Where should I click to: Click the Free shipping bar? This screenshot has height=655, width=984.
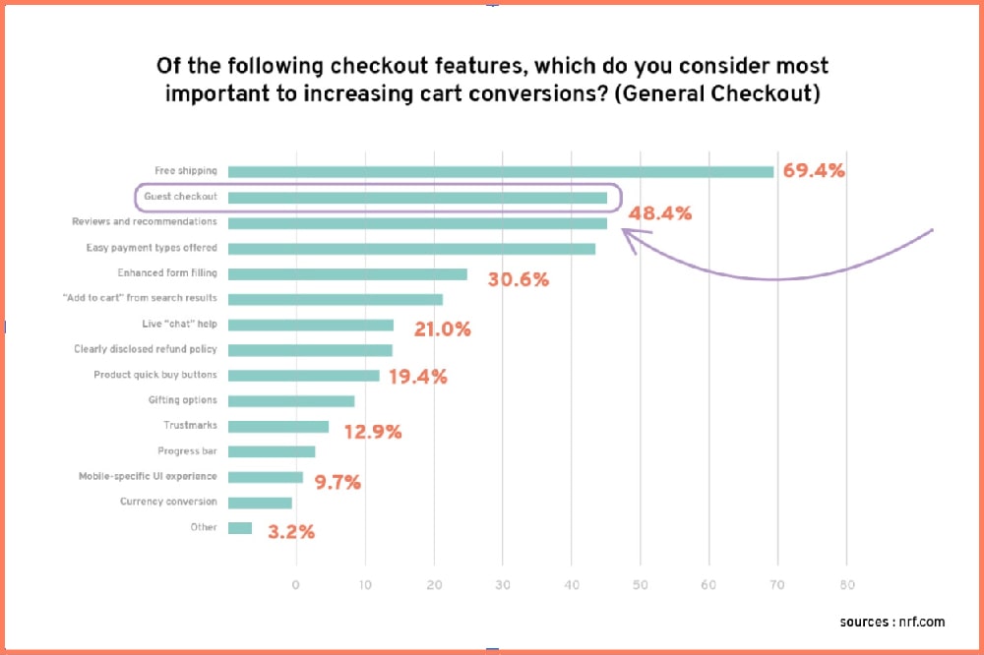pyautogui.click(x=501, y=171)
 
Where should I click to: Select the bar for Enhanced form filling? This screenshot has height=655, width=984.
pyautogui.click(x=347, y=273)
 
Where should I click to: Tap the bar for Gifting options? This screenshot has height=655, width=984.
pyautogui.click(x=291, y=400)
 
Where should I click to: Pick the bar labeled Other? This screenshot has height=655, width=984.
pyautogui.click(x=240, y=528)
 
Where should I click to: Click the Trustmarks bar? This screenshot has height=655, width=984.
pyautogui.click(x=278, y=426)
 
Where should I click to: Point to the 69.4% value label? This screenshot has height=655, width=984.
pyautogui.click(x=814, y=170)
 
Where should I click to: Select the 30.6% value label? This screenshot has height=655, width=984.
pyautogui.click(x=518, y=279)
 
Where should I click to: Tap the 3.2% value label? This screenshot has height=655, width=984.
pyautogui.click(x=291, y=532)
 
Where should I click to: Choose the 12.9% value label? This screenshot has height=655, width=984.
pyautogui.click(x=372, y=431)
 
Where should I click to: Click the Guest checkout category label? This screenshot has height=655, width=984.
pyautogui.click(x=180, y=197)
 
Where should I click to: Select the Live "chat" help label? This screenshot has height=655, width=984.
pyautogui.click(x=179, y=324)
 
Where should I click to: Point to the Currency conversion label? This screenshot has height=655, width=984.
pyautogui.click(x=168, y=502)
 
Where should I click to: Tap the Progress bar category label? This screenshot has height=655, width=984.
pyautogui.click(x=187, y=450)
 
